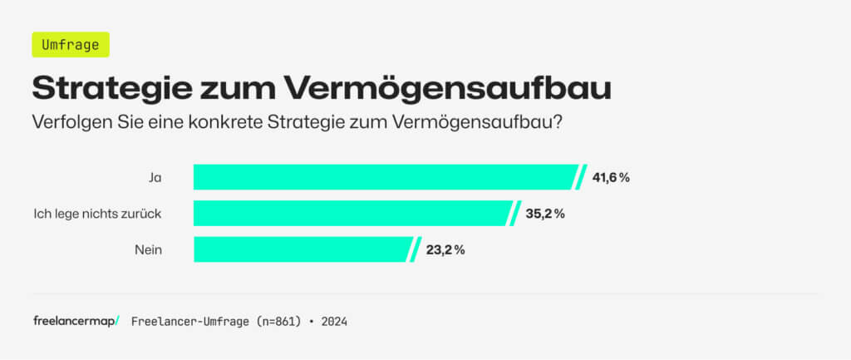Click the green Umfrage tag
[x=70, y=44]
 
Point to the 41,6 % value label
[x=610, y=177]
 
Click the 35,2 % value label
[x=544, y=213]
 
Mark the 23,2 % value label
[x=445, y=249]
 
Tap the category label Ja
[x=155, y=177]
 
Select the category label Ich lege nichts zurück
[x=96, y=214]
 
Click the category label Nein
[x=148, y=249]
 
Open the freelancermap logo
[x=76, y=321]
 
